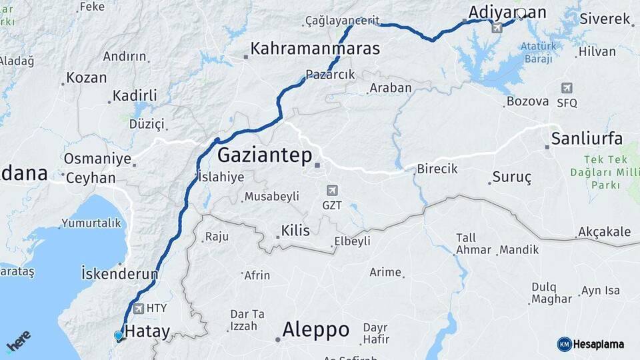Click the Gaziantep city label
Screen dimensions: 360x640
(265, 156)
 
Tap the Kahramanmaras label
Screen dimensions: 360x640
(315, 49)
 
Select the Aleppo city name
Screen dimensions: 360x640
(315, 329)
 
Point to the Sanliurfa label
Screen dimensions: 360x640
(587, 139)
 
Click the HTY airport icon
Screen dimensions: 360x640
(139, 308)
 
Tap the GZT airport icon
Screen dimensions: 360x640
(332, 191)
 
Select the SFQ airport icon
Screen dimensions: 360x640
(567, 88)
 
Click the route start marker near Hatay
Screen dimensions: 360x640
(119, 336)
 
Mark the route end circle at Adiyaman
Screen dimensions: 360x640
(521, 13)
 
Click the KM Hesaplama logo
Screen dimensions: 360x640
(591, 344)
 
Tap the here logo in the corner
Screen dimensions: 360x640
(18, 342)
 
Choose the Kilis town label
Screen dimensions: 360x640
(295, 231)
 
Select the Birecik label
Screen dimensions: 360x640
(437, 169)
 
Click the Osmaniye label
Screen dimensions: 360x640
(97, 159)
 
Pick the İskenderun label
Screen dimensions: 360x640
(119, 273)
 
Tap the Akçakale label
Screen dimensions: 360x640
(604, 232)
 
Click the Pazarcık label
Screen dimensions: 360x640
(330, 74)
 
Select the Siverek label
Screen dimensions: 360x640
(605, 19)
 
